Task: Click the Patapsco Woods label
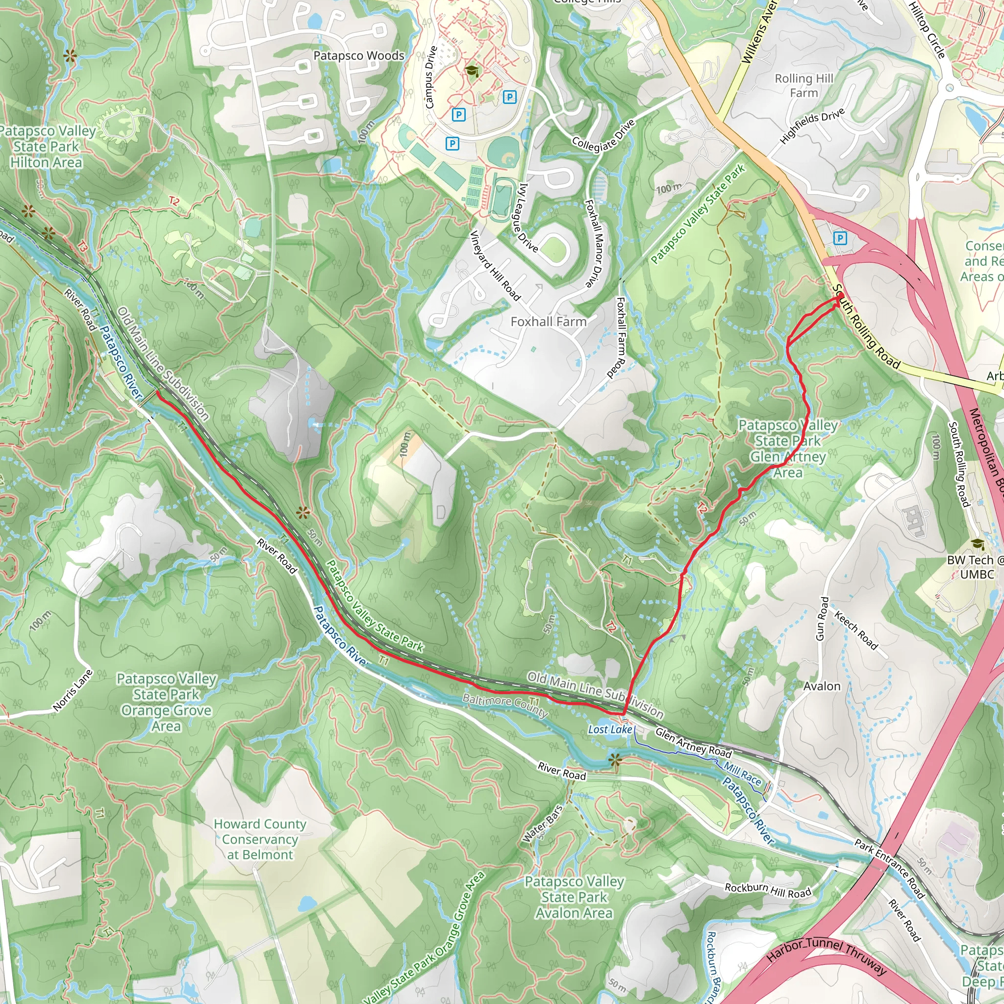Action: [358, 55]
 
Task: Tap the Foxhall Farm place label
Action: [548, 322]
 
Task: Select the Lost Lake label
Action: [609, 729]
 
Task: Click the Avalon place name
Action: [822, 686]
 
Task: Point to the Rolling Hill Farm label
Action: [803, 86]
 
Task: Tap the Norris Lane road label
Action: [73, 690]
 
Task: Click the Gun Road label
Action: [822, 618]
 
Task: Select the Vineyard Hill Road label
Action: [495, 266]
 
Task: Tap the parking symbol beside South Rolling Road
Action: [840, 239]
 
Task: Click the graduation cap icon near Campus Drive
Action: [472, 71]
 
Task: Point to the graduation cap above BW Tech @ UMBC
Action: [978, 544]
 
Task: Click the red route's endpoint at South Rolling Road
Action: [840, 296]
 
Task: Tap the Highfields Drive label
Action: [812, 127]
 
